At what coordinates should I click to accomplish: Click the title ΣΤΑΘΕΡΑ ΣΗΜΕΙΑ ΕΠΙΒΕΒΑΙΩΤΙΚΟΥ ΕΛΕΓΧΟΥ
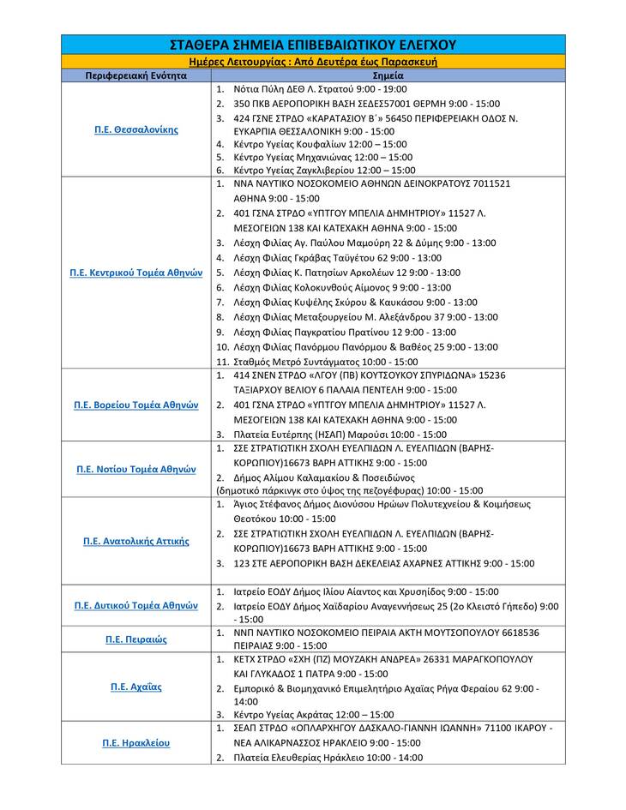point(313,45)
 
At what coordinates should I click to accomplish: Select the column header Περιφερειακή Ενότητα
point(135,75)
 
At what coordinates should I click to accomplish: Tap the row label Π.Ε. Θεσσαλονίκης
point(135,129)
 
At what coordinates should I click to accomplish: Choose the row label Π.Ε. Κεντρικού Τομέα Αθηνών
point(135,273)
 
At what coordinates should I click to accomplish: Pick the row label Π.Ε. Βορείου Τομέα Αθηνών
point(135,405)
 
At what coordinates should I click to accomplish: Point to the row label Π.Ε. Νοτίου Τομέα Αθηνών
point(135,469)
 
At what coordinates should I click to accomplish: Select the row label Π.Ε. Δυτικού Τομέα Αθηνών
point(135,604)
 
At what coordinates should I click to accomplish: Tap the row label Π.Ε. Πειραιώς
point(135,639)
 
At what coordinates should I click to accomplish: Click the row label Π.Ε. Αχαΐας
point(135,687)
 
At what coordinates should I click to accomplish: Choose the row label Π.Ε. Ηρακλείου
point(135,742)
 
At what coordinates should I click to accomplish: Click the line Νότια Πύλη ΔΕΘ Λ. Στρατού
point(320,89)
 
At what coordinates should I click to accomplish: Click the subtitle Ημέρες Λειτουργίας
point(313,62)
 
